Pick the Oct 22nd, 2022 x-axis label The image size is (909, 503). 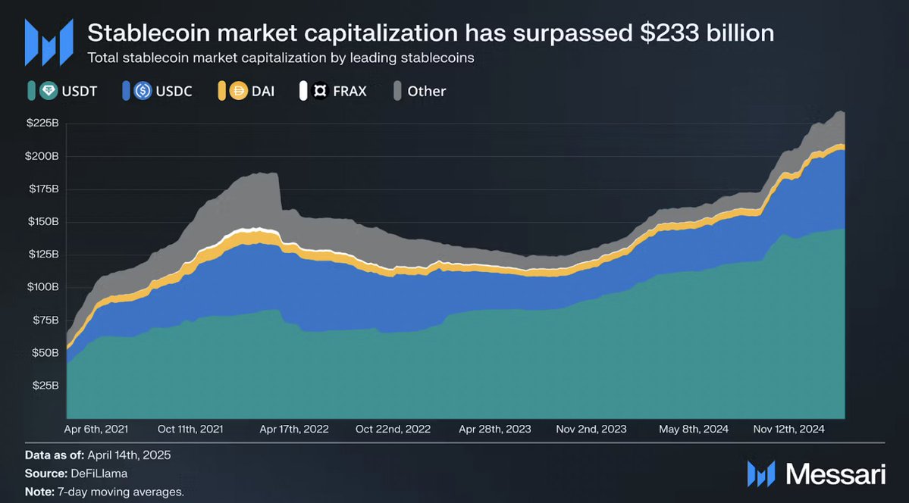tap(393, 429)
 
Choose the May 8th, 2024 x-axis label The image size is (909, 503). tap(694, 429)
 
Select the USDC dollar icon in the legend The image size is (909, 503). tap(143, 91)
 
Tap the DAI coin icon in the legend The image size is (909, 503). tap(237, 91)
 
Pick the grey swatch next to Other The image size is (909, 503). tap(397, 91)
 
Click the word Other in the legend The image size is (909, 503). tap(427, 91)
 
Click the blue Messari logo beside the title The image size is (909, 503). tap(49, 42)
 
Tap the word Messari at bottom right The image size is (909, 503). tap(835, 474)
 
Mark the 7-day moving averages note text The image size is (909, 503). tap(121, 492)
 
